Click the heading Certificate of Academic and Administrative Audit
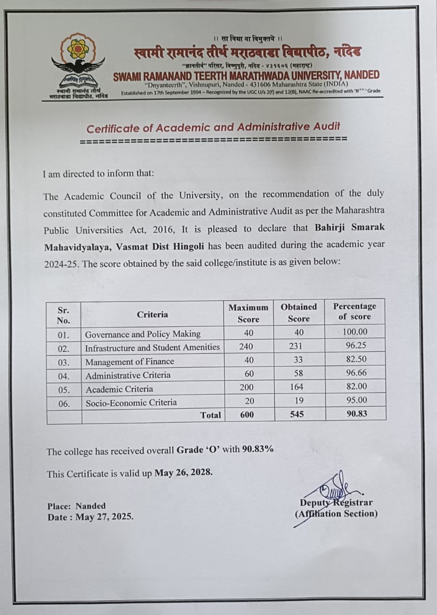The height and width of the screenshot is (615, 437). coord(213,128)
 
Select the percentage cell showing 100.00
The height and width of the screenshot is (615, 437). coord(355,332)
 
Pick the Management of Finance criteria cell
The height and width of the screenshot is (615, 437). coord(129,362)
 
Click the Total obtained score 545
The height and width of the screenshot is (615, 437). coord(297,414)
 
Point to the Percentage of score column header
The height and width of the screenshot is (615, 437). coord(355,311)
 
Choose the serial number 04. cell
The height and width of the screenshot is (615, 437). coord(64,375)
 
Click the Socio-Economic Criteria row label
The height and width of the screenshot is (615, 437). coord(131,403)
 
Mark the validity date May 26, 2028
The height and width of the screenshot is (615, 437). coord(183,472)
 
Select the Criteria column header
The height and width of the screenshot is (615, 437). coord(153,315)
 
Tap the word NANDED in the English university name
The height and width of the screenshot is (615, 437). coord(360,75)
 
